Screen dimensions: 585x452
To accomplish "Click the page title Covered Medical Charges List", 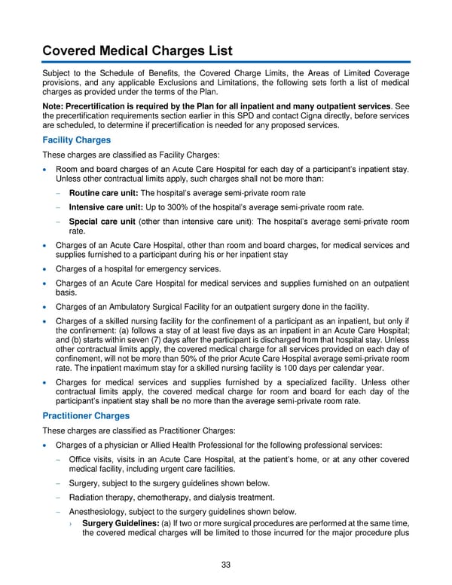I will (x=136, y=51).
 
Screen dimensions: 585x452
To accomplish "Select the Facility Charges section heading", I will (x=76, y=140).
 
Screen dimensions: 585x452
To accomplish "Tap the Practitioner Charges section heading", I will (x=85, y=415).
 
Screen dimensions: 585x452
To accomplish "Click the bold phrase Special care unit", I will (x=102, y=222).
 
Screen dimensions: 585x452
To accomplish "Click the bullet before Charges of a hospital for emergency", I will (x=45, y=270).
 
